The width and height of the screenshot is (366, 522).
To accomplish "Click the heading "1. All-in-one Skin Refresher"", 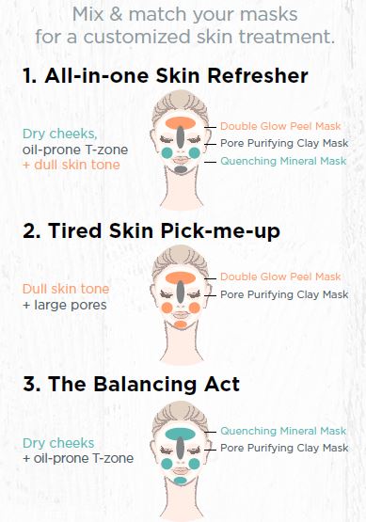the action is [166, 75].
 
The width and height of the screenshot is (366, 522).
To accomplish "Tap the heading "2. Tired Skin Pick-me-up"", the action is [151, 230].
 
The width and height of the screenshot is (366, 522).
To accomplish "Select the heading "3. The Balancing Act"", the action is [131, 384].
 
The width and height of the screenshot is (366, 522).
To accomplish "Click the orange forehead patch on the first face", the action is [180, 122].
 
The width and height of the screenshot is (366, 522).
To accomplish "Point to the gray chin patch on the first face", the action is [181, 169].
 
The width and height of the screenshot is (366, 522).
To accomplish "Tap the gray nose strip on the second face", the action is [180, 292].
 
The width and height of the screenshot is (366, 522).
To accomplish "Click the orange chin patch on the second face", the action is [181, 324].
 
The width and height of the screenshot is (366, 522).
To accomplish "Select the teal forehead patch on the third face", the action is [180, 434].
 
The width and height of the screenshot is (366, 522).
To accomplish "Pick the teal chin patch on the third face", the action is [180, 480].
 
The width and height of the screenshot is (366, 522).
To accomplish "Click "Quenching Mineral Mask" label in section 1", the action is [283, 161].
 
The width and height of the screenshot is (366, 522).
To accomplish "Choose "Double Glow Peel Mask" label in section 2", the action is [280, 277].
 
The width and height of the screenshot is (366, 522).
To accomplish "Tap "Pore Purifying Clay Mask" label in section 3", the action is [284, 448].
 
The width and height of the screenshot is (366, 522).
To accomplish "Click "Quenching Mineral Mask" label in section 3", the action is [283, 431].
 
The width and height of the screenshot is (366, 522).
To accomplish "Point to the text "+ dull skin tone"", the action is [72, 165].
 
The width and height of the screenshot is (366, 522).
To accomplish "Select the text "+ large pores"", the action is [65, 305].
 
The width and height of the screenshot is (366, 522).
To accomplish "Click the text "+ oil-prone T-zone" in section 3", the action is [78, 458].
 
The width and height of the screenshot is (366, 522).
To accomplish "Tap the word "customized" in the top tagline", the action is [137, 37].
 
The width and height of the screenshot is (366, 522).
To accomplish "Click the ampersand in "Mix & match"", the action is [117, 15].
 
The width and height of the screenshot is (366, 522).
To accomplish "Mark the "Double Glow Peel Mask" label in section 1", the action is [280, 126].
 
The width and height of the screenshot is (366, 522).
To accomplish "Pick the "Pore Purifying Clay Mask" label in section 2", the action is [284, 294].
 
